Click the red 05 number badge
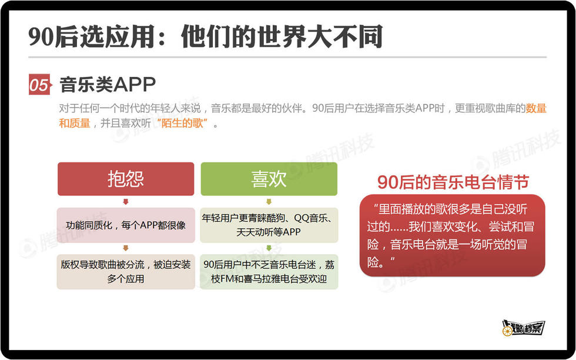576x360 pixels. click(40, 85)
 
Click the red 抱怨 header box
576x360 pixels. click(126, 179)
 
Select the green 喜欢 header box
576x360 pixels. click(269, 179)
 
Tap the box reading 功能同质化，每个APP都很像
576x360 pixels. click(126, 225)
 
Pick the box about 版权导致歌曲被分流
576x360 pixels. click(126, 271)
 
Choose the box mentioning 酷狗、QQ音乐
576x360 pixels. click(269, 225)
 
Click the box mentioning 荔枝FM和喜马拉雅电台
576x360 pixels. click(269, 271)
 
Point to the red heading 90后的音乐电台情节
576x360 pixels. click(453, 182)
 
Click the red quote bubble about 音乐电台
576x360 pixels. click(452, 235)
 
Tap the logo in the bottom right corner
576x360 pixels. click(523, 327)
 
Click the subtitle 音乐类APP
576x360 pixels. click(108, 85)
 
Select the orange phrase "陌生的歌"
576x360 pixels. click(182, 123)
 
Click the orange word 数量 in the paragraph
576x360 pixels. click(536, 108)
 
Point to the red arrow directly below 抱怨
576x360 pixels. click(126, 202)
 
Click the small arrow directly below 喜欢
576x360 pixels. click(269, 202)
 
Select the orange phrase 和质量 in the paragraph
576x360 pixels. click(75, 123)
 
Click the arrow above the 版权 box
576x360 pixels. click(126, 248)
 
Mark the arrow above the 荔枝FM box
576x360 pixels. click(269, 248)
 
